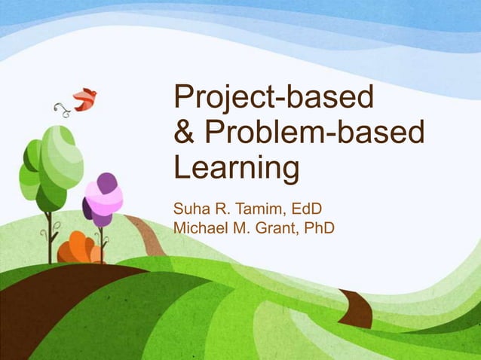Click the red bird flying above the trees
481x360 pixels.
(x=84, y=98)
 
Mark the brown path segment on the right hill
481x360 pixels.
(x=355, y=307)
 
